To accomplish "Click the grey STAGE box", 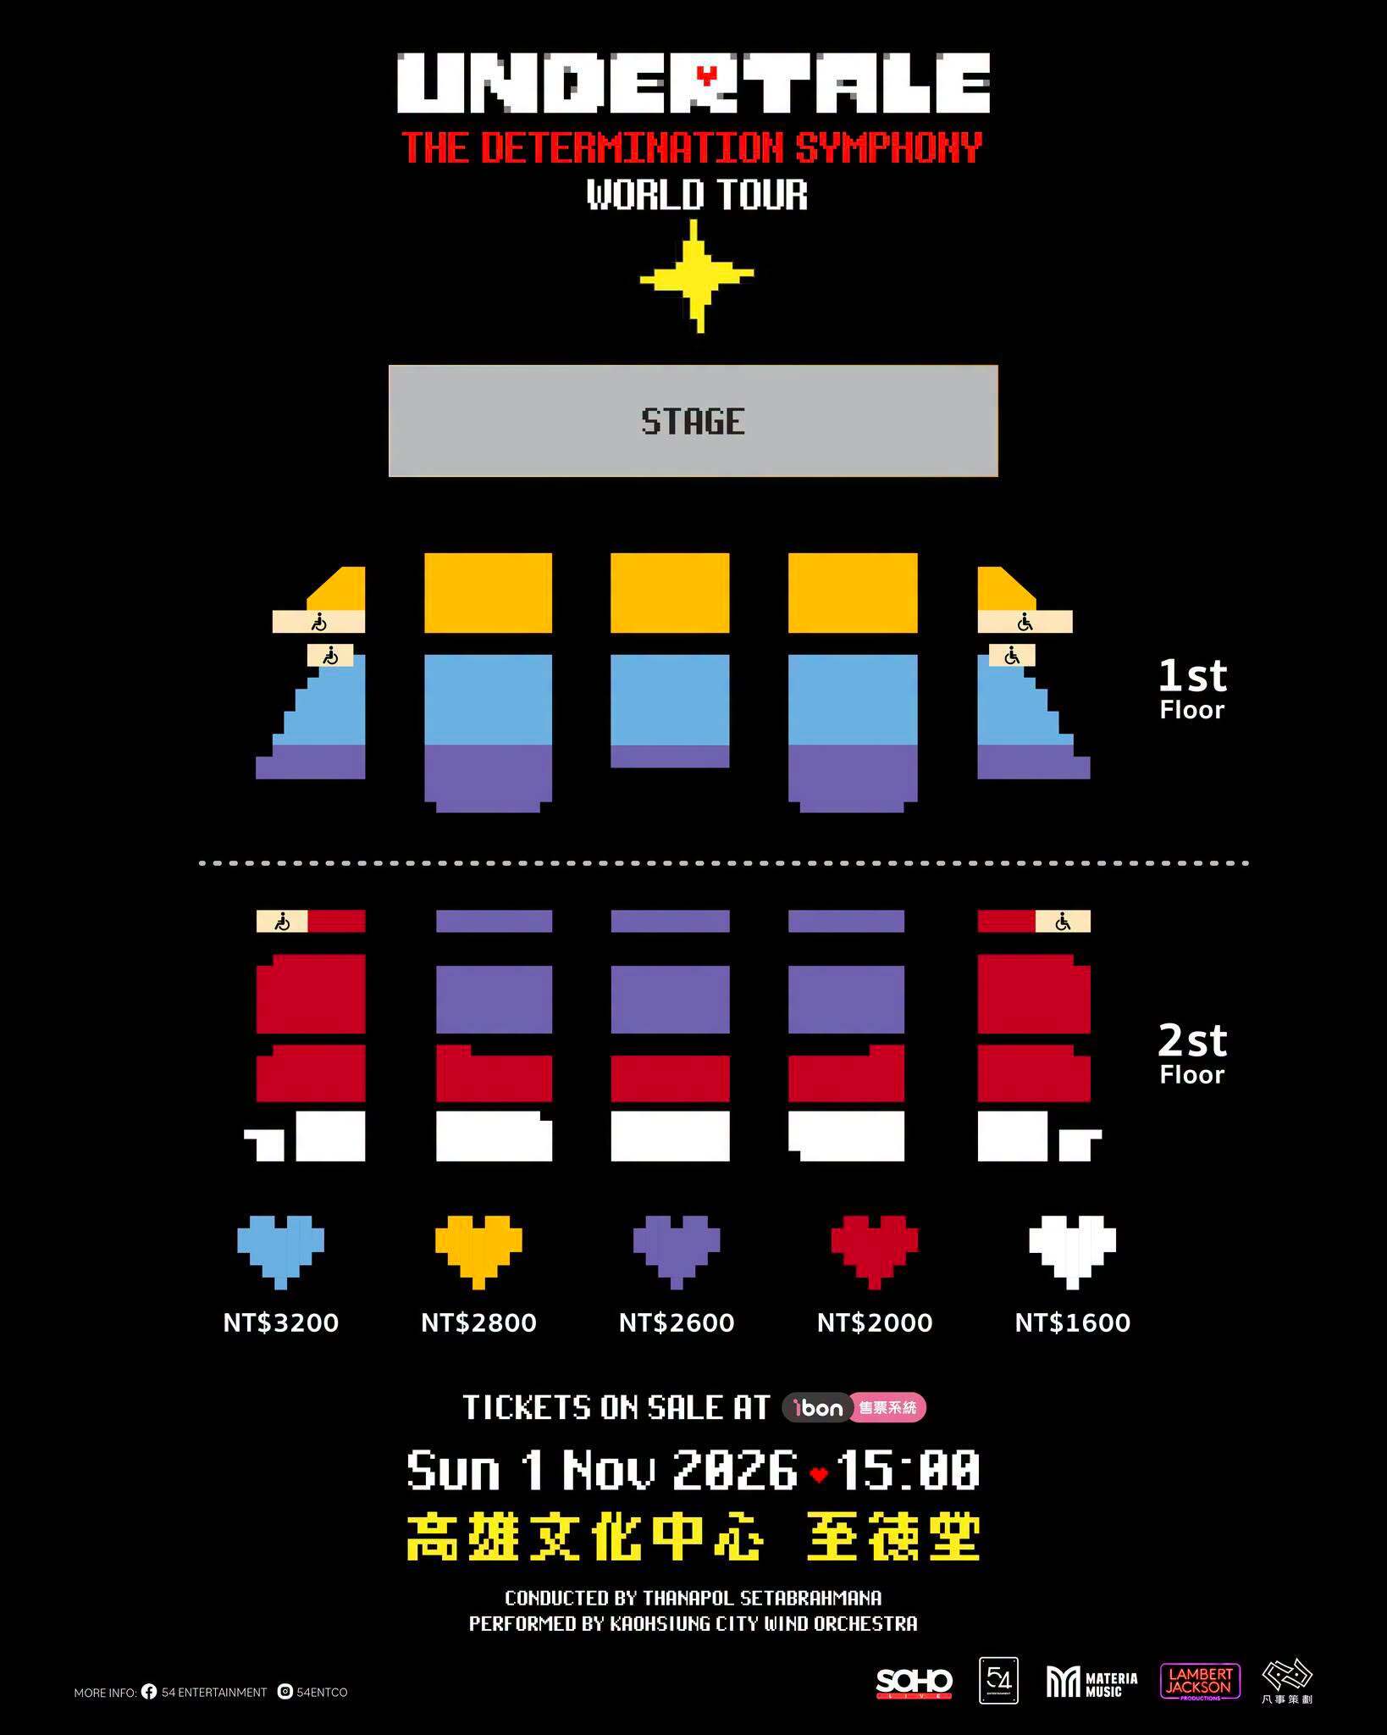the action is [693, 421].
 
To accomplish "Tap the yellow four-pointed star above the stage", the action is [697, 276].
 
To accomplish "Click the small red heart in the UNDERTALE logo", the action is [705, 75].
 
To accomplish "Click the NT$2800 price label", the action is [478, 1322].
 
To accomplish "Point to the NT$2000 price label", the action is [875, 1322].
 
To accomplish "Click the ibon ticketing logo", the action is [854, 1407].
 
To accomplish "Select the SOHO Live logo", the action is [914, 1683].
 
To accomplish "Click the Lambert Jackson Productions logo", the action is [1200, 1682].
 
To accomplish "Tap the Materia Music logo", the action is [1091, 1682].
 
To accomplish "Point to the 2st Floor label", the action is [1192, 1054].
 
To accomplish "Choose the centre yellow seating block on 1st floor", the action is [670, 593].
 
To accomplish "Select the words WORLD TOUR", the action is [697, 195].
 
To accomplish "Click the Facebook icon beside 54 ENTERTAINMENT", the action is [149, 1692].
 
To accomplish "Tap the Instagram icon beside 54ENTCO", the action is [285, 1692].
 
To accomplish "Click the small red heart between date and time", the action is [818, 1475].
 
